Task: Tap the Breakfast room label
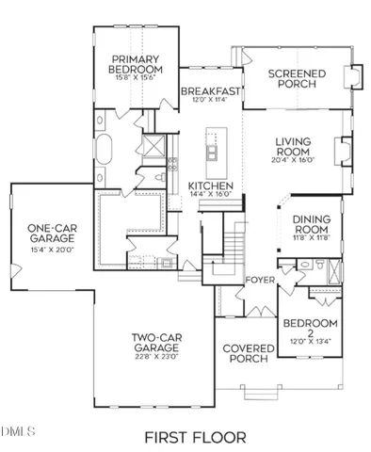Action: (x=211, y=90)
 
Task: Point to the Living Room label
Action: (x=293, y=147)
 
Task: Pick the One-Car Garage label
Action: (x=51, y=234)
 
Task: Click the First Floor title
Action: (x=195, y=437)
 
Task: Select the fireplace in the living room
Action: (x=343, y=151)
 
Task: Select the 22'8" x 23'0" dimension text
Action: (x=154, y=356)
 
